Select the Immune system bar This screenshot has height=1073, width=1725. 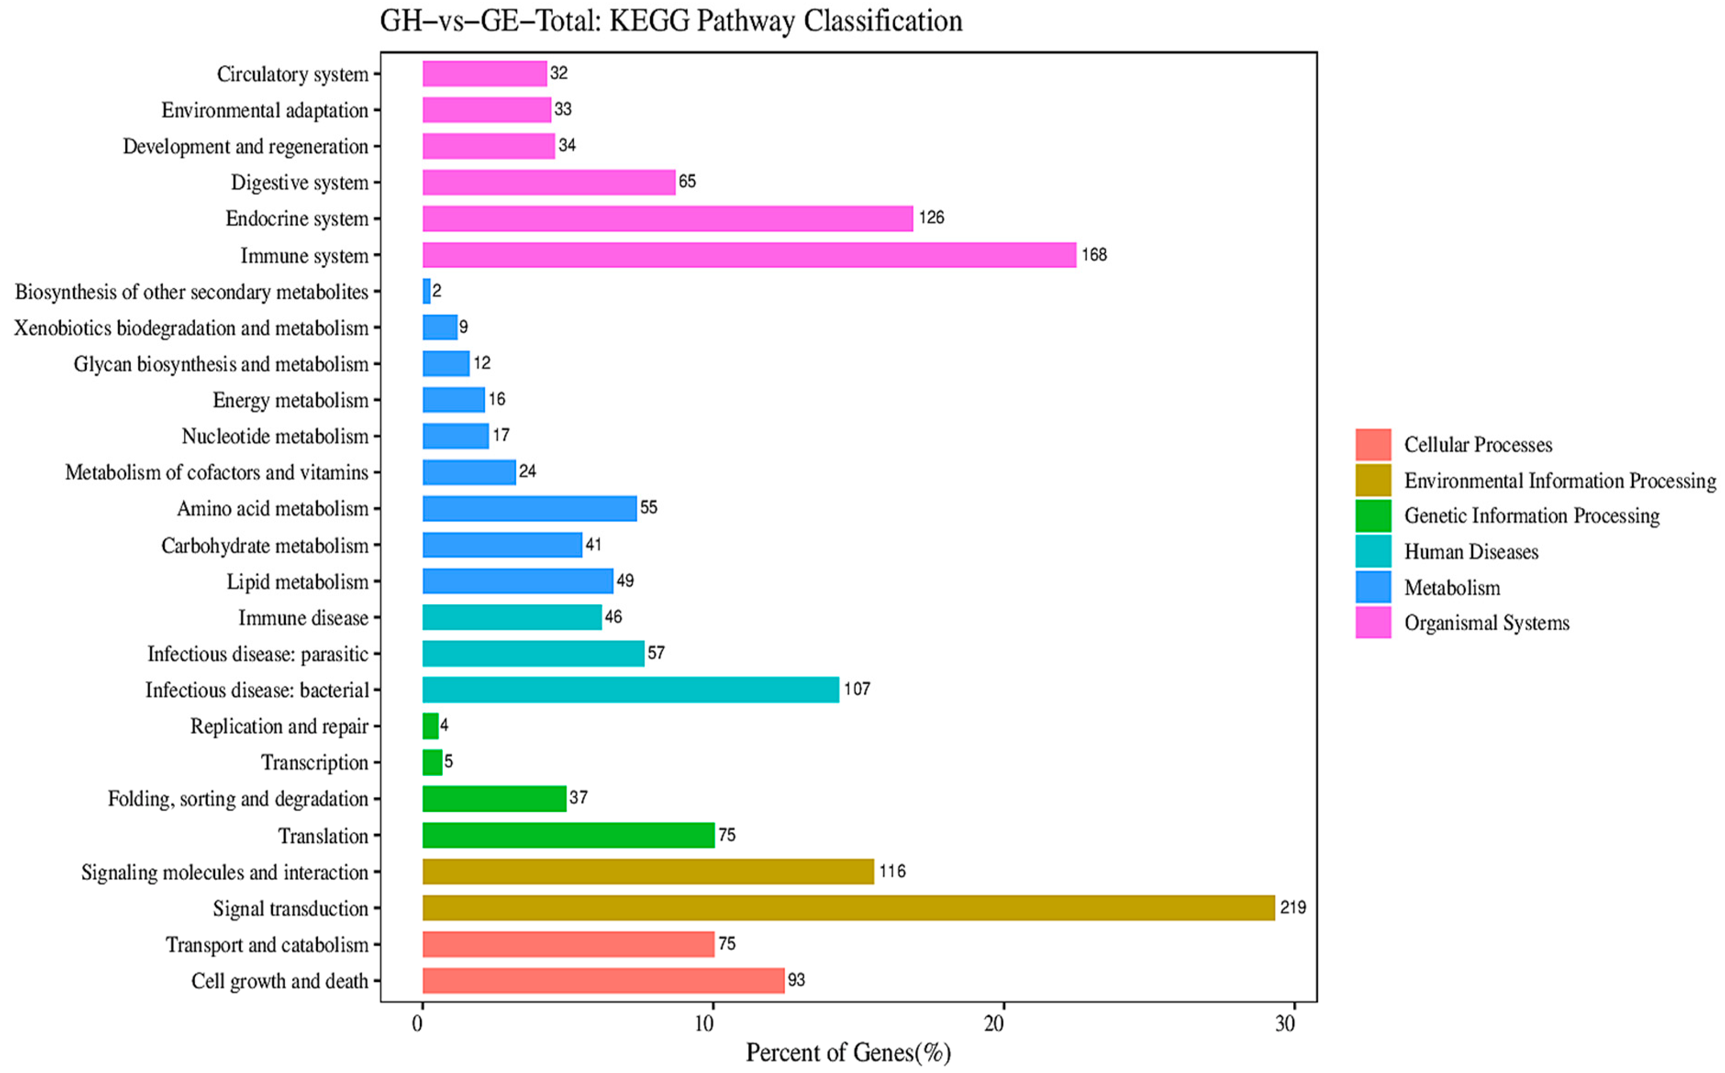click(749, 255)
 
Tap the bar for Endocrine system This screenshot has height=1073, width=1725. click(667, 218)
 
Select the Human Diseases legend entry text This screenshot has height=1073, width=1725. click(1471, 552)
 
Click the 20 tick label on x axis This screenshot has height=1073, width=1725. click(994, 1023)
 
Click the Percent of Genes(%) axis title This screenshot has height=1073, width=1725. click(848, 1052)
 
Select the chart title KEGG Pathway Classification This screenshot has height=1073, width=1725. click(671, 21)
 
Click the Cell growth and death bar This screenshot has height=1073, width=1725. click(603, 980)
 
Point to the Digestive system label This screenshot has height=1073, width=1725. click(300, 183)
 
